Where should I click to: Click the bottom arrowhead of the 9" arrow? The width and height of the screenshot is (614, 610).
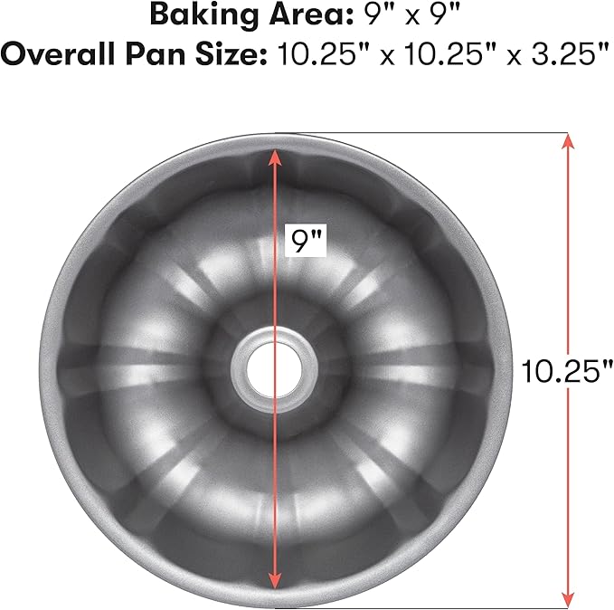click(x=273, y=581)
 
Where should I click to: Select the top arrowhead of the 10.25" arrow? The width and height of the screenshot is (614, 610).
click(x=567, y=141)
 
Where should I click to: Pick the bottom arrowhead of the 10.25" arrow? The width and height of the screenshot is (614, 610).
click(x=567, y=598)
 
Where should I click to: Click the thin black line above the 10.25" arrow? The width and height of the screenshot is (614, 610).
click(x=434, y=132)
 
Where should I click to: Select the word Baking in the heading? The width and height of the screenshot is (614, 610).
click(x=194, y=15)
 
